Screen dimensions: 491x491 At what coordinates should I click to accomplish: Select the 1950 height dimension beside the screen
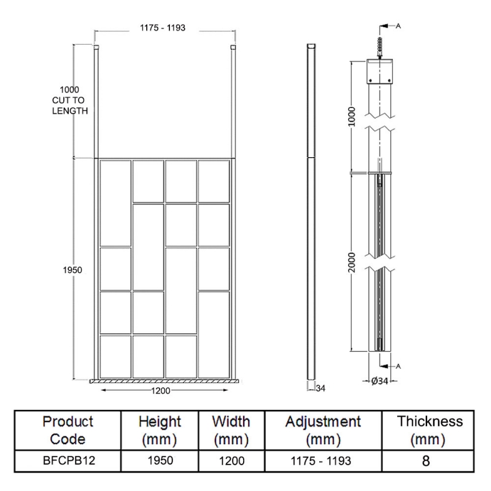point(72,269)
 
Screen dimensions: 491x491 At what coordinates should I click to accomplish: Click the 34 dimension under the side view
point(320,388)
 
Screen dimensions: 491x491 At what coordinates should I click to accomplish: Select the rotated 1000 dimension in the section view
point(352,116)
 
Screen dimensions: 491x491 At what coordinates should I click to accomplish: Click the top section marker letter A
point(398,26)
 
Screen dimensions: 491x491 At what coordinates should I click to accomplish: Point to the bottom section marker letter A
point(398,366)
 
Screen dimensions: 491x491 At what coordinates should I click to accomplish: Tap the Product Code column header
point(68,430)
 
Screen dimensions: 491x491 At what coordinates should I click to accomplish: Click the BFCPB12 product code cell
point(68,460)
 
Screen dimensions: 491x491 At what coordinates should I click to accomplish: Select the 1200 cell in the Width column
point(231,460)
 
